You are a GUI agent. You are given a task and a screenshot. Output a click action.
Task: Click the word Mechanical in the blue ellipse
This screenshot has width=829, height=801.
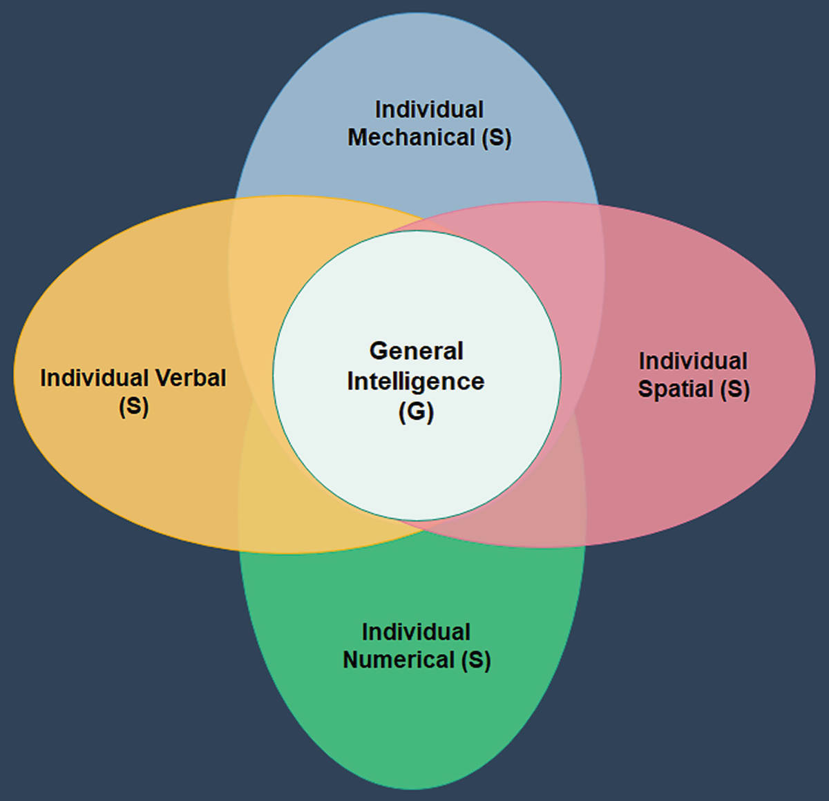pos(411,137)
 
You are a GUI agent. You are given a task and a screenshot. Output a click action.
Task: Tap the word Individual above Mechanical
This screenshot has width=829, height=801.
pos(429,110)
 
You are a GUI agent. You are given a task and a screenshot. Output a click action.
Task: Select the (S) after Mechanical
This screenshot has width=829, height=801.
pos(496,138)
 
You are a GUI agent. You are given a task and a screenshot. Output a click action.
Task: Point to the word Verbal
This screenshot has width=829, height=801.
pos(191,378)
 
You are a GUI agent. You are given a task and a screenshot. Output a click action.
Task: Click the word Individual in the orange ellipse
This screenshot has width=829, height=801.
pos(95,378)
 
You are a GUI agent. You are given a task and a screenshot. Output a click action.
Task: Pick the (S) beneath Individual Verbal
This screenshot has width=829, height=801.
pos(133,406)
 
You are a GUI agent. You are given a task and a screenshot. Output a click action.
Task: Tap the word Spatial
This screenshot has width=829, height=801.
pos(675,389)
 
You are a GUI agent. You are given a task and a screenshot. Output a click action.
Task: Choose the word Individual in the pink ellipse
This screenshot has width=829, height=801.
pos(693,361)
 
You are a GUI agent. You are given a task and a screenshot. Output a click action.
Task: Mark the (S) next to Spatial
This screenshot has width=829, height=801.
pos(734,389)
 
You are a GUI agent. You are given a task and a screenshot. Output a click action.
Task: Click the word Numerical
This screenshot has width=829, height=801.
pos(399,659)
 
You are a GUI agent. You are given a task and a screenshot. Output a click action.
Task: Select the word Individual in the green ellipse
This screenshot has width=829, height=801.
pos(416,632)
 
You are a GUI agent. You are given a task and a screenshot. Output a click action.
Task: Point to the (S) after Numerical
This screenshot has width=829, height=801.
pos(476,660)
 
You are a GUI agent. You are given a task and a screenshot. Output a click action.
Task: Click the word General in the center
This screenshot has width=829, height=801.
pos(416,351)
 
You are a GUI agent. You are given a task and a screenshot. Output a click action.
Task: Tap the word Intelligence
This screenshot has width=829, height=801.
pos(416,381)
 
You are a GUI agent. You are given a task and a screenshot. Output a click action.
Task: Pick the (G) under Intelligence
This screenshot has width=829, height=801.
pos(416,412)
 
